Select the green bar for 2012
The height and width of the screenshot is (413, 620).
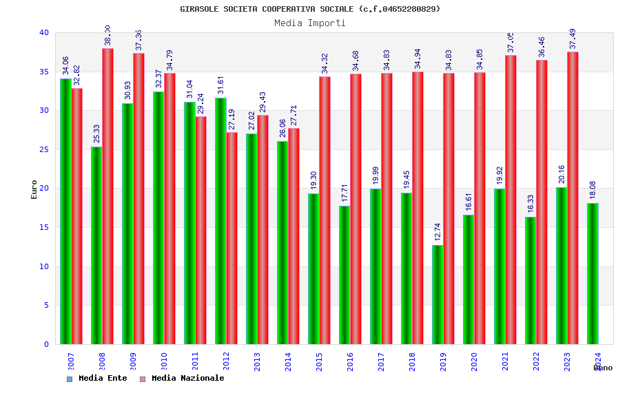click(220, 221)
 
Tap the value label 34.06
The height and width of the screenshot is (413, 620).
click(65, 65)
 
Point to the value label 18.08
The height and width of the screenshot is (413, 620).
click(592, 190)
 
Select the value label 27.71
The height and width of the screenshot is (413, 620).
click(294, 114)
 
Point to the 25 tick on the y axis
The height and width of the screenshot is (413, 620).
click(44, 149)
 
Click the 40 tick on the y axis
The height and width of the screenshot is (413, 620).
click(44, 32)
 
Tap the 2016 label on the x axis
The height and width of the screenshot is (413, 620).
click(350, 361)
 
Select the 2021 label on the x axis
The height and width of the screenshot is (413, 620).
click(505, 361)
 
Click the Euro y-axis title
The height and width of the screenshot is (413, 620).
click(34, 189)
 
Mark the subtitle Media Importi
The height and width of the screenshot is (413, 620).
click(310, 23)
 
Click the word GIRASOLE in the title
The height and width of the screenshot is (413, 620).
click(199, 9)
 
